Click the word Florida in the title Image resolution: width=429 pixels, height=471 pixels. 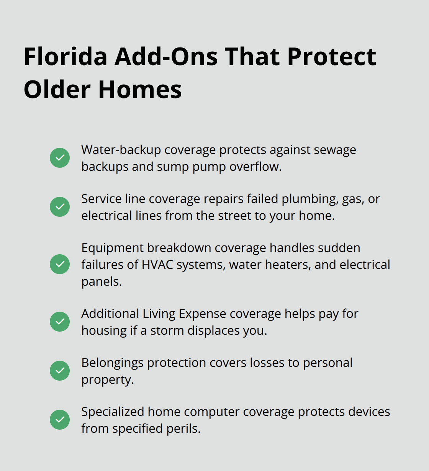coord(65,57)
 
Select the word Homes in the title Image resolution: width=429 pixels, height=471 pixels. coord(140,90)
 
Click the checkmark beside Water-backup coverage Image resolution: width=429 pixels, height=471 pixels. coord(60,158)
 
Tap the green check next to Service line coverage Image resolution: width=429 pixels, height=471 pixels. coord(60,207)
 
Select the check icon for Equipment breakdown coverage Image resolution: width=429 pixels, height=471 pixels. coord(60,264)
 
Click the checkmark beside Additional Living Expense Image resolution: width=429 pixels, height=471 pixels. coord(60,322)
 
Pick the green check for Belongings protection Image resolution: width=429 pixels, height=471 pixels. coord(60,371)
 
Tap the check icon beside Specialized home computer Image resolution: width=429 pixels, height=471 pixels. coord(60,420)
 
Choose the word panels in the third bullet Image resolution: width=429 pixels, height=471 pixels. coord(101,282)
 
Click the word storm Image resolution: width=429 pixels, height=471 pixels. coord(167,331)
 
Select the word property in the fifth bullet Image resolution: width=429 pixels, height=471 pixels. coord(107,380)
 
